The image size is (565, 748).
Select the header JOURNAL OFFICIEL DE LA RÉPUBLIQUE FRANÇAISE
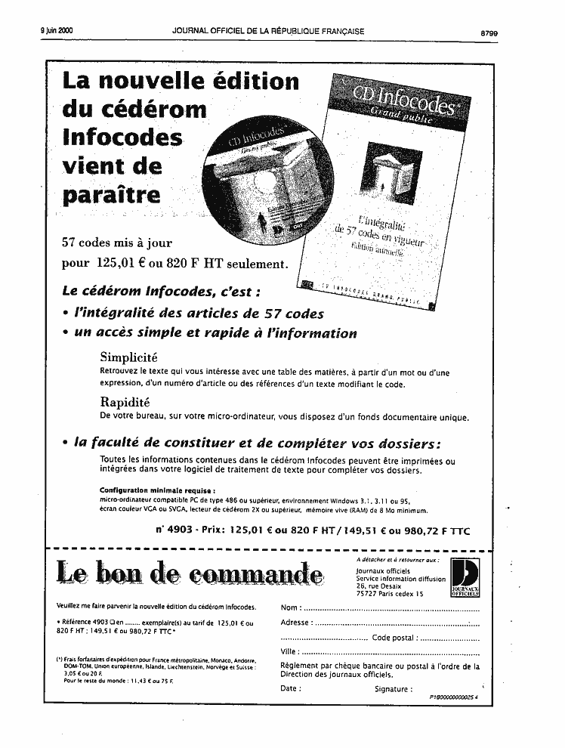[x=268, y=31]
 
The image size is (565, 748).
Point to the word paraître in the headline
[x=112, y=193]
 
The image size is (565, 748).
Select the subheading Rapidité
[x=125, y=402]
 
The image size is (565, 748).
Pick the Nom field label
[x=289, y=607]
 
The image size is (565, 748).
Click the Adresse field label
[x=295, y=623]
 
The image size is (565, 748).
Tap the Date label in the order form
[x=290, y=688]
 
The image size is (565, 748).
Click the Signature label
[x=393, y=688]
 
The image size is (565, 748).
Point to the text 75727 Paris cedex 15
[x=390, y=595]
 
